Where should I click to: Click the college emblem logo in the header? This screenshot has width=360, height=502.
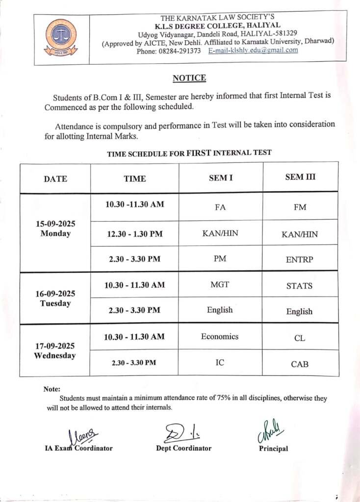61,37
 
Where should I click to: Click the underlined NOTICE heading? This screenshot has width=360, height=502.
189,78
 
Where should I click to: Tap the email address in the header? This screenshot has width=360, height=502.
253,50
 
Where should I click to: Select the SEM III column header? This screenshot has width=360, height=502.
300,177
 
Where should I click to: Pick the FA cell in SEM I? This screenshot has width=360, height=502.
220,207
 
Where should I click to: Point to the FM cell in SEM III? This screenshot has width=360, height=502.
300,207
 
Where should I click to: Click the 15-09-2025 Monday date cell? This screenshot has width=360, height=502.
55,229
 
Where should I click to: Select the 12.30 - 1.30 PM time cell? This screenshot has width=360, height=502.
134,234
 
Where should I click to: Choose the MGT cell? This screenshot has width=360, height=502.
220,284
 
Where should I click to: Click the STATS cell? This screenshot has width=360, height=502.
299,286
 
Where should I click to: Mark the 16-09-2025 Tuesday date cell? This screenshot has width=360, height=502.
55,299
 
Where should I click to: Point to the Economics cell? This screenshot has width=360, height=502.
220,336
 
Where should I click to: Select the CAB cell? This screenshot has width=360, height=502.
299,364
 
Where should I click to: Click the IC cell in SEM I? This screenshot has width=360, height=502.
220,362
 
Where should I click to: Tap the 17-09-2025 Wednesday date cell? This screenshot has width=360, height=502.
55,351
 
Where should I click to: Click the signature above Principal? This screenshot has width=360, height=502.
270,432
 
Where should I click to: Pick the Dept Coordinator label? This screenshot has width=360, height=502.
184,448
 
